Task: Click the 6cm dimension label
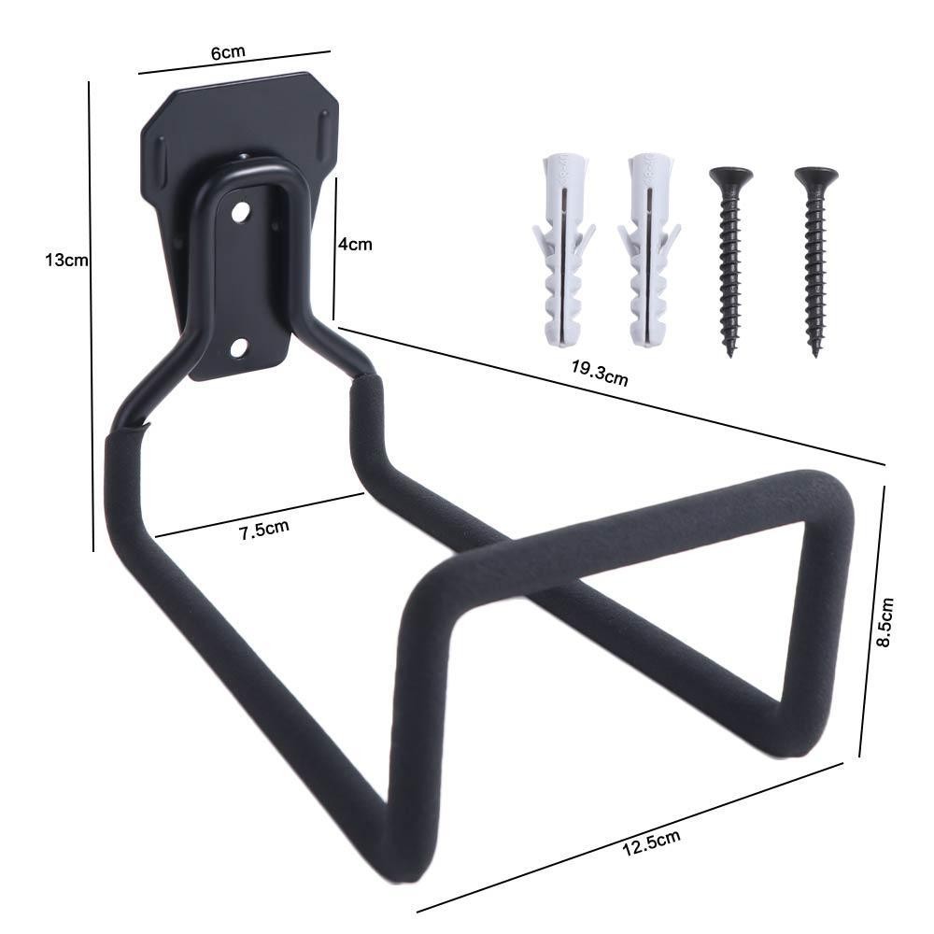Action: tap(228, 53)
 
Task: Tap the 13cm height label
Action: tap(66, 261)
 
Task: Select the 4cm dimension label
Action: tap(355, 244)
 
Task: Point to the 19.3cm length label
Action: tap(600, 374)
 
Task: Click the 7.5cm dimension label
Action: tap(264, 529)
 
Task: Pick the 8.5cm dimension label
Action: tap(885, 622)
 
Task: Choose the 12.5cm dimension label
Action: tap(651, 842)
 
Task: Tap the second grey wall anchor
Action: tap(649, 249)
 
